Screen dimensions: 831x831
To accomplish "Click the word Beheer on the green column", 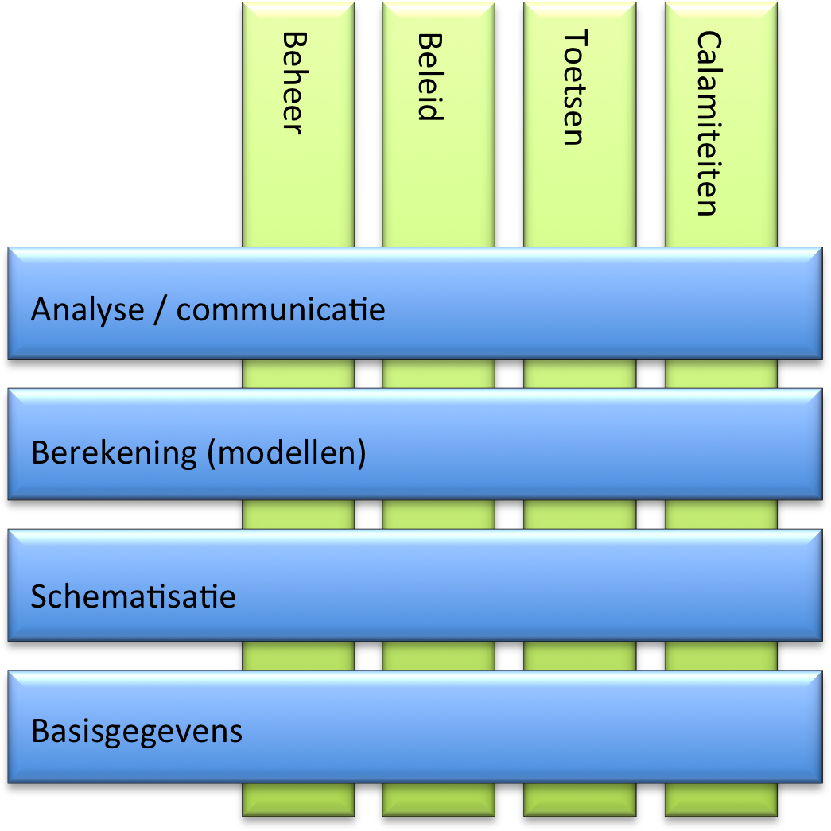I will click(293, 83).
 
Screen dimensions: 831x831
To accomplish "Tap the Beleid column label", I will click(430, 76).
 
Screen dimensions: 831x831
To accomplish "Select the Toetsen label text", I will click(573, 88).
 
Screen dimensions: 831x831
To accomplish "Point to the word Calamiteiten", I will click(707, 123).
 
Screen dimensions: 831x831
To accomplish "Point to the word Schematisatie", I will click(134, 596).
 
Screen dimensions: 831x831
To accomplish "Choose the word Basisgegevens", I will click(137, 731).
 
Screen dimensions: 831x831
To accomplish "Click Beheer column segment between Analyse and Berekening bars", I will click(298, 374).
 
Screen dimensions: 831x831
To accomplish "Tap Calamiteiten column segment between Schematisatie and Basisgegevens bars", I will click(720, 655).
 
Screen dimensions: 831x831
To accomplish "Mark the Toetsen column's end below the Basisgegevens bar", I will click(580, 800).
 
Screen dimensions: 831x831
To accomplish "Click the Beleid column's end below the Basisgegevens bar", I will click(438, 800).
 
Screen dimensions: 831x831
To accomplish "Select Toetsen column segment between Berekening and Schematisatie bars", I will click(580, 514).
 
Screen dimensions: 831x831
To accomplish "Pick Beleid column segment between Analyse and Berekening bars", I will click(438, 374).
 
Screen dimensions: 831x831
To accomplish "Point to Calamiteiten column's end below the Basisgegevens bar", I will click(720, 800).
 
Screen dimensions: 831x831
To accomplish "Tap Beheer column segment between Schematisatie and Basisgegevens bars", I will click(298, 655).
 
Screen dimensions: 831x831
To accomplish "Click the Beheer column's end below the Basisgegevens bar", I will click(298, 800).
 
